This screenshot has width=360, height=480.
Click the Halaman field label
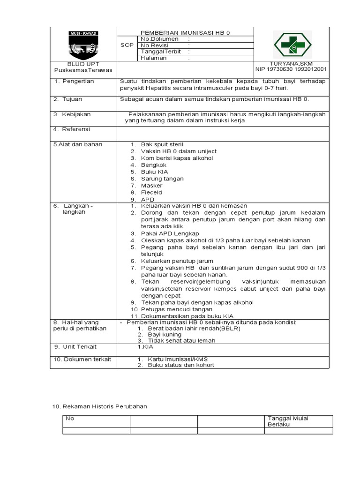point(154,58)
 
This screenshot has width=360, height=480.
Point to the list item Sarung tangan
point(162,179)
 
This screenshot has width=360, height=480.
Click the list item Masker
point(151,186)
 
